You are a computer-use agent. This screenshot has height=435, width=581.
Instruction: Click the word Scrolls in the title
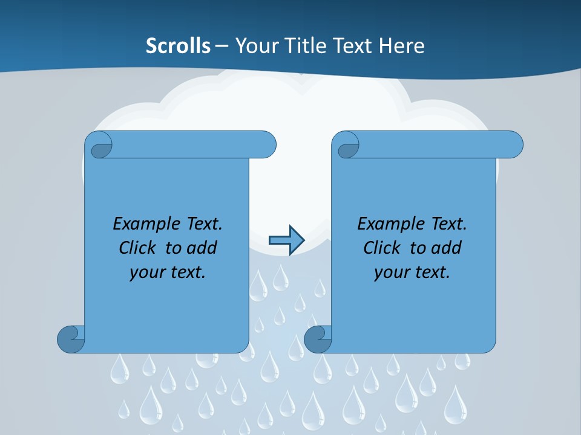click(178, 46)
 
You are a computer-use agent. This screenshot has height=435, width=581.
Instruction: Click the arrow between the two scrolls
click(286, 240)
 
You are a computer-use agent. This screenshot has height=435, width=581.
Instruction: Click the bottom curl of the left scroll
click(71, 339)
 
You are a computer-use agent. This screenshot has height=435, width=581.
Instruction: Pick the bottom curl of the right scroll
click(318, 339)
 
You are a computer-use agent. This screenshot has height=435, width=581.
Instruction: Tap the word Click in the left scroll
click(137, 248)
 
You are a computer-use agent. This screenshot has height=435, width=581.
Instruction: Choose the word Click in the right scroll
click(382, 248)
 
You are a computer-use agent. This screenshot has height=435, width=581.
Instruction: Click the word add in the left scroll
click(202, 248)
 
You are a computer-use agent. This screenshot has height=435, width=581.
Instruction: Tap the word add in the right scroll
click(447, 248)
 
